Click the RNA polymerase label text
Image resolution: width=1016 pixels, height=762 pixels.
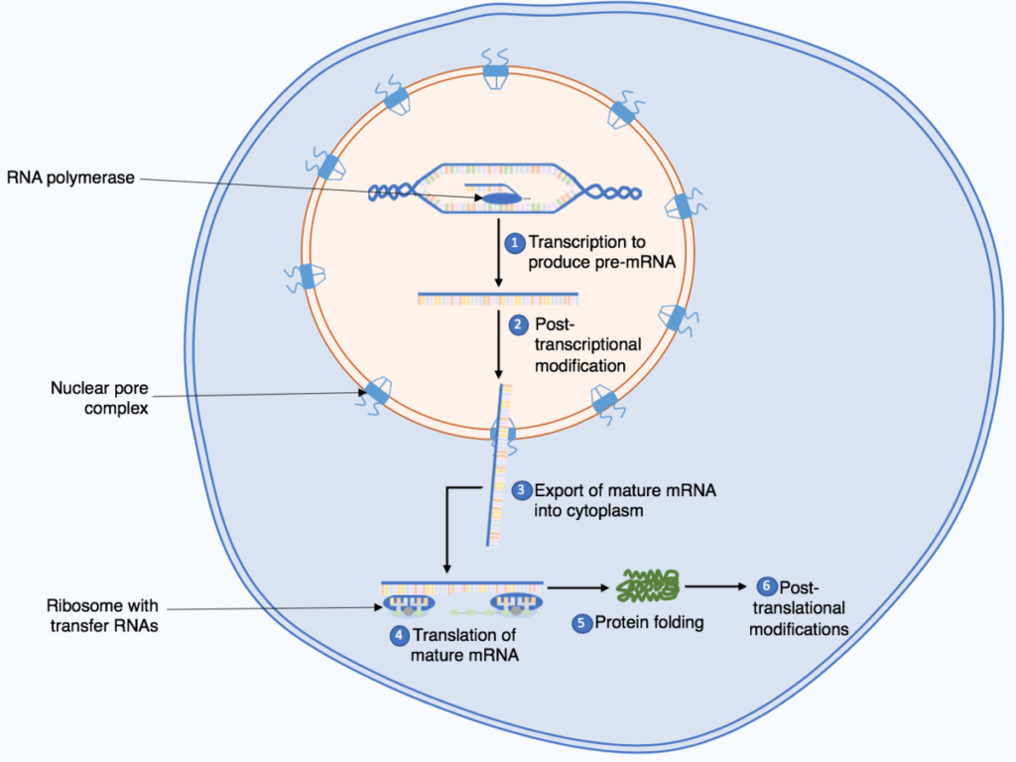click(x=69, y=178)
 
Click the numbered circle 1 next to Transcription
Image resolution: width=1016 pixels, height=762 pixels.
click(x=515, y=242)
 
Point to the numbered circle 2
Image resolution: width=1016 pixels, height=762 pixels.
click(x=518, y=324)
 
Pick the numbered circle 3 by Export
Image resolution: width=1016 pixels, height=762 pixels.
click(x=522, y=490)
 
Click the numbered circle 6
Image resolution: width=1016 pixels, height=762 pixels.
click(x=765, y=586)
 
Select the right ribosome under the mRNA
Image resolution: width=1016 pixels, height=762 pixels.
click(x=513, y=605)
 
